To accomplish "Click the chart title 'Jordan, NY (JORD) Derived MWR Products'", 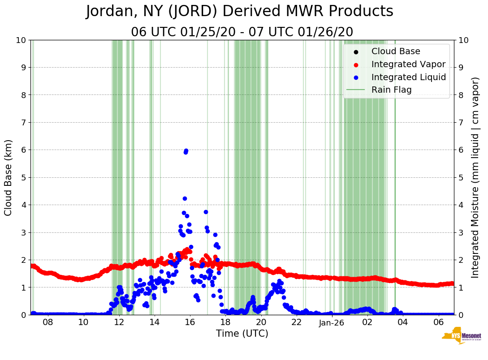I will (240, 12).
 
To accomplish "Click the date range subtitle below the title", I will (242, 32).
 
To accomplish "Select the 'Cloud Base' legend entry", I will (396, 51).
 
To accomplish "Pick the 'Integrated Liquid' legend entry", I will (408, 77).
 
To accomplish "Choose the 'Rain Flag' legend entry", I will (391, 90).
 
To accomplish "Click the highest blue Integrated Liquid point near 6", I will (186, 151).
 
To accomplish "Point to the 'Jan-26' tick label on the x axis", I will (332, 322).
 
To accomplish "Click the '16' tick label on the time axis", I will (190, 322).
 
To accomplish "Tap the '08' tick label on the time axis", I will (48, 322).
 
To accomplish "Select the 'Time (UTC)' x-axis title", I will (242, 334).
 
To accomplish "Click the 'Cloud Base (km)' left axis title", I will (9, 177).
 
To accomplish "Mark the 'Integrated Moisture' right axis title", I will (475, 177).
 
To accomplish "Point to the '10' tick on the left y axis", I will (21, 40).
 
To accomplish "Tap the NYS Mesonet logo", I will (461, 337).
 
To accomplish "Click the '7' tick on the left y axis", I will (23, 122).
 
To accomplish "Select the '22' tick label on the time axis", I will (296, 322).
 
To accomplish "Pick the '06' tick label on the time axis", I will (439, 322).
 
